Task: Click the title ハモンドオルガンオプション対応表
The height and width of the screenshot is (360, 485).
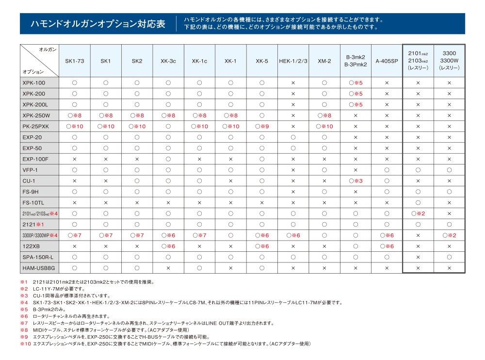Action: tap(97, 24)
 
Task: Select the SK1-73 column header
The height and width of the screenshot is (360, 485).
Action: tap(75, 61)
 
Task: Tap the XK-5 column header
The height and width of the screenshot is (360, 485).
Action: tap(262, 61)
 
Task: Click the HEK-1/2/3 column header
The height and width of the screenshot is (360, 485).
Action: tap(293, 61)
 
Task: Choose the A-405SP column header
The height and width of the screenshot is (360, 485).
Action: tap(387, 61)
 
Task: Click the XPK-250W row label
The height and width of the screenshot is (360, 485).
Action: tap(36, 115)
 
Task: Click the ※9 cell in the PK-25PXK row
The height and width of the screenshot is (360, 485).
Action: tap(262, 126)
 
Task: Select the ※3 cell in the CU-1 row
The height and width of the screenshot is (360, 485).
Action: tap(356, 180)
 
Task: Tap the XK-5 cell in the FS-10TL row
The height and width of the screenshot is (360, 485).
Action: tap(262, 202)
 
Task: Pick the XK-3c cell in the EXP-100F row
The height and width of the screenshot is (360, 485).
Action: tap(168, 159)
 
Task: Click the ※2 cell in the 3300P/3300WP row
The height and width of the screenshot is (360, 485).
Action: tap(449, 235)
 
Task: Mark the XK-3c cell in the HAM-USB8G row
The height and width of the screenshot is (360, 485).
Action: tap(168, 267)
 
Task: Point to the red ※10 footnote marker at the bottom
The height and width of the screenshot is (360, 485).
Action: tap(25, 344)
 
